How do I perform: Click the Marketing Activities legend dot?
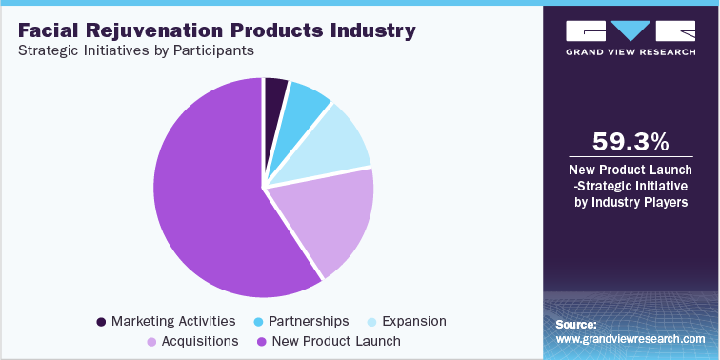(x=101, y=321)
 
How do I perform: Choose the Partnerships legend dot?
(x=260, y=321)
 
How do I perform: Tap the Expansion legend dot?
(x=372, y=321)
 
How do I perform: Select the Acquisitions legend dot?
(x=150, y=340)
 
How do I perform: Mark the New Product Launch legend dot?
(x=261, y=340)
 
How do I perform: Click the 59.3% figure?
(x=631, y=142)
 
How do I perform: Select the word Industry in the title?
(x=371, y=30)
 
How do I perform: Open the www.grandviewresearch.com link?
(x=630, y=338)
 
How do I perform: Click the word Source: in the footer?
(x=576, y=324)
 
